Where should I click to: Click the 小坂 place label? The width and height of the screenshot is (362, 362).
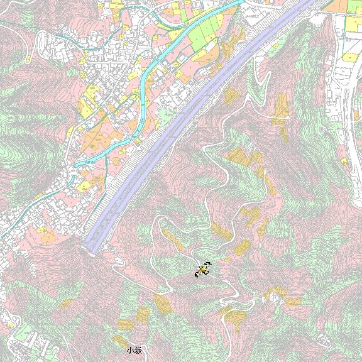pyautogui.click(x=134, y=350)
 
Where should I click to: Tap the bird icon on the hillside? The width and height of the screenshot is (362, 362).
pyautogui.click(x=202, y=270)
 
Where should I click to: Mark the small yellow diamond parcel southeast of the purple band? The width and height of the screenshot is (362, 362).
pyautogui.click(x=232, y=95)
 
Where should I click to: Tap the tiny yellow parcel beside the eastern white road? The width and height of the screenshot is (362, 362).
pyautogui.click(x=344, y=162)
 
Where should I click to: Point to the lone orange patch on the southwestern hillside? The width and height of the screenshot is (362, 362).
pyautogui.click(x=65, y=304)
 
